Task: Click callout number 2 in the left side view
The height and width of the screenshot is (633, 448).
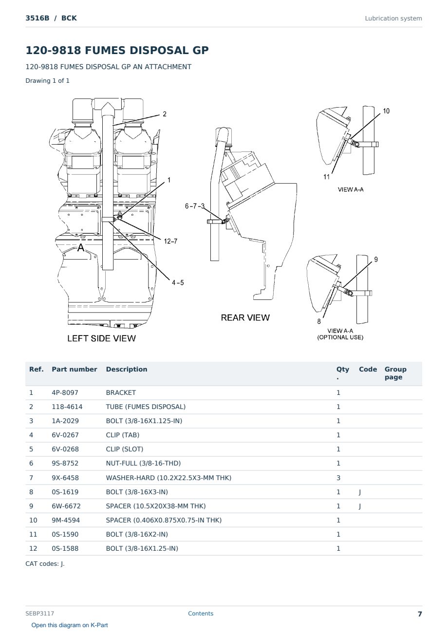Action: click(x=165, y=114)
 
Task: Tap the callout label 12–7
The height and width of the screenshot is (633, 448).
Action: click(x=170, y=241)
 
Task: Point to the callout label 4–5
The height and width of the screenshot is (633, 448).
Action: click(x=178, y=282)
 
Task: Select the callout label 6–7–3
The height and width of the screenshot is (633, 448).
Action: click(x=194, y=206)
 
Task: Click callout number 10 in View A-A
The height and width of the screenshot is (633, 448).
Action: click(x=386, y=111)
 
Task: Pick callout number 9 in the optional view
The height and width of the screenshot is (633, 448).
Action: click(x=376, y=260)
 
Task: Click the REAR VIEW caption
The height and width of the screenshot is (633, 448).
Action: click(x=245, y=317)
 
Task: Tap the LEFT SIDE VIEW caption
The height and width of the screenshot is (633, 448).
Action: click(x=101, y=338)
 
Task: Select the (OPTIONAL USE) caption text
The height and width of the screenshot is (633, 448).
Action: click(x=340, y=337)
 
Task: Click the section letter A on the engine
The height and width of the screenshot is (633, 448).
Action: click(x=81, y=247)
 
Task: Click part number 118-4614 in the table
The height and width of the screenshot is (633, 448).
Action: click(x=67, y=407)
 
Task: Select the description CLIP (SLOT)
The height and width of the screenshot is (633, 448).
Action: click(x=125, y=449)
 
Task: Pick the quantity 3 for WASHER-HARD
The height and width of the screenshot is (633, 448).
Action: click(x=338, y=478)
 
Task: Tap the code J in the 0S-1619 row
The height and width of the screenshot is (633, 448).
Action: click(x=360, y=492)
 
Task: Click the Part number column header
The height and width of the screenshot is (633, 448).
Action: click(x=75, y=369)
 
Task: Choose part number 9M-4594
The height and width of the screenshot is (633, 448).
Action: click(x=66, y=520)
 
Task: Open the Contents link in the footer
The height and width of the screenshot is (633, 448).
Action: click(x=201, y=613)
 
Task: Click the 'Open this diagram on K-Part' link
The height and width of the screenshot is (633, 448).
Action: click(x=70, y=625)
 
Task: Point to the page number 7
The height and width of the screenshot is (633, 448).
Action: click(x=420, y=614)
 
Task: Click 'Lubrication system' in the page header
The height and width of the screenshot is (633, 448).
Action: click(x=393, y=19)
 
